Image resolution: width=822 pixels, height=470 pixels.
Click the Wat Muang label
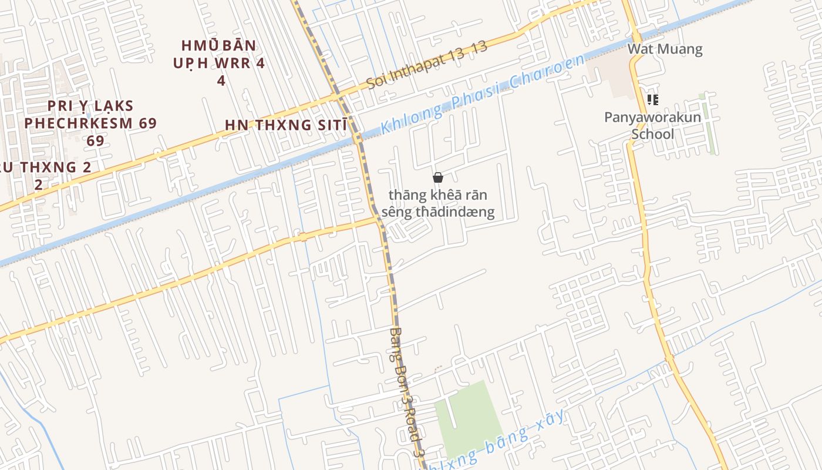(665, 49)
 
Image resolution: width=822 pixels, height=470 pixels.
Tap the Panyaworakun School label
(652, 125)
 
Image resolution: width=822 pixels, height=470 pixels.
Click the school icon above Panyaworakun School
(652, 100)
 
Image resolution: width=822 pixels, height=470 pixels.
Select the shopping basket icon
(437, 177)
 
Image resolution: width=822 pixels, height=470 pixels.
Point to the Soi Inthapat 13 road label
(427, 65)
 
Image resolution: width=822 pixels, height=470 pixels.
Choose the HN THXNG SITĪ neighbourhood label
(285, 125)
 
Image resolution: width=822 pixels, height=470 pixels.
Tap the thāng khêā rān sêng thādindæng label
(438, 203)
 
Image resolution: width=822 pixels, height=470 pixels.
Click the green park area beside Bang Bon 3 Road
(470, 417)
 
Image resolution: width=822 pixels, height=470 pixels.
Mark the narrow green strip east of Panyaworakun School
(708, 123)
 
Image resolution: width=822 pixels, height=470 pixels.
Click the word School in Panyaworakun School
(652, 134)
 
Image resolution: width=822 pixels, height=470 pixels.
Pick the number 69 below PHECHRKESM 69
(95, 141)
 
